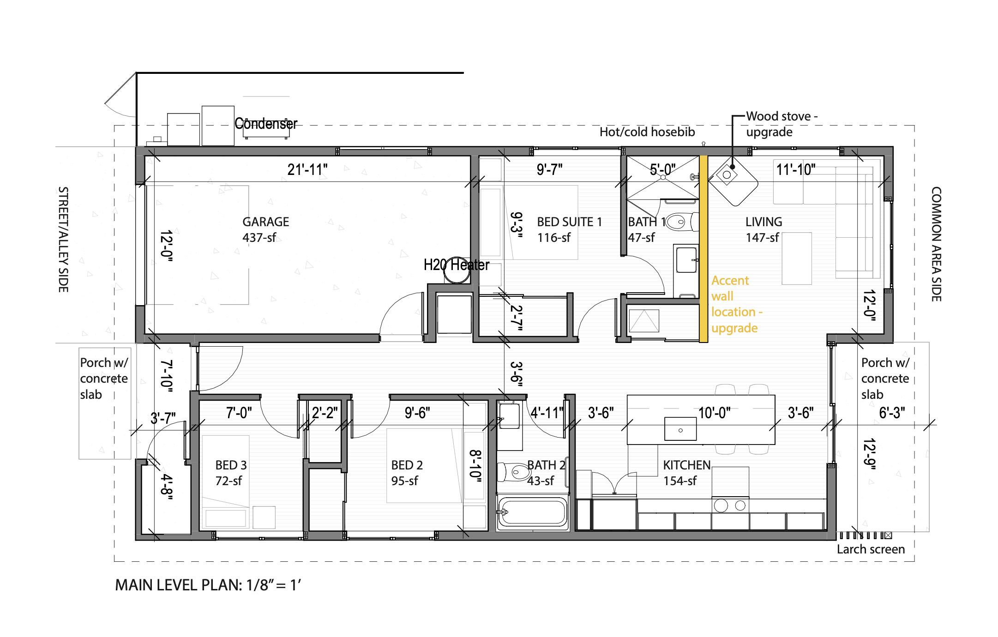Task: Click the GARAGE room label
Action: pos(265,222)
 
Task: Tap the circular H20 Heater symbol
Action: pos(456,270)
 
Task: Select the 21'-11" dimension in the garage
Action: pos(307,170)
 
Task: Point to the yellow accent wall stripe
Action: pos(703,249)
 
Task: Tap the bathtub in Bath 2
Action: pos(533,512)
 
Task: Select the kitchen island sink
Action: pos(680,429)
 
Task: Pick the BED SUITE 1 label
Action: pos(569,222)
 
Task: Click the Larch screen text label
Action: pos(871,549)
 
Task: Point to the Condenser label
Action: pos(266,124)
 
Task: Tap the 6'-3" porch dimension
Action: pos(891,413)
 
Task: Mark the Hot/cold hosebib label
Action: pos(647,132)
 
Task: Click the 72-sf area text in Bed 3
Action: pos(228,481)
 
